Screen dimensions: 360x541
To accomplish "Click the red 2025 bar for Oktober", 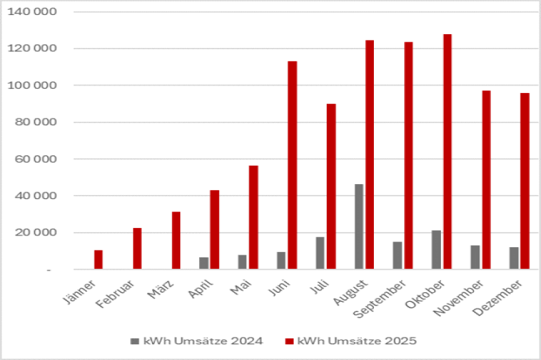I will coord(447,151).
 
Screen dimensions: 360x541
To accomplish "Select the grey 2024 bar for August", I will coord(359,227).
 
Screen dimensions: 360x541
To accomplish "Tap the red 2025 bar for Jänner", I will coord(99,259).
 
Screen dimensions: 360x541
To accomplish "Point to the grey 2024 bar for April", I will coord(203,263).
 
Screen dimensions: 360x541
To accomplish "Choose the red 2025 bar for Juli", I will coord(331,186).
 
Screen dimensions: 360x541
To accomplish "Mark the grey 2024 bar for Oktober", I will coord(436,250).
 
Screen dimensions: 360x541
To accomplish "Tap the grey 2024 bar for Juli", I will coord(320,253).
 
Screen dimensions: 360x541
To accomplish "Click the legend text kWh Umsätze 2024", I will coord(203,339).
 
